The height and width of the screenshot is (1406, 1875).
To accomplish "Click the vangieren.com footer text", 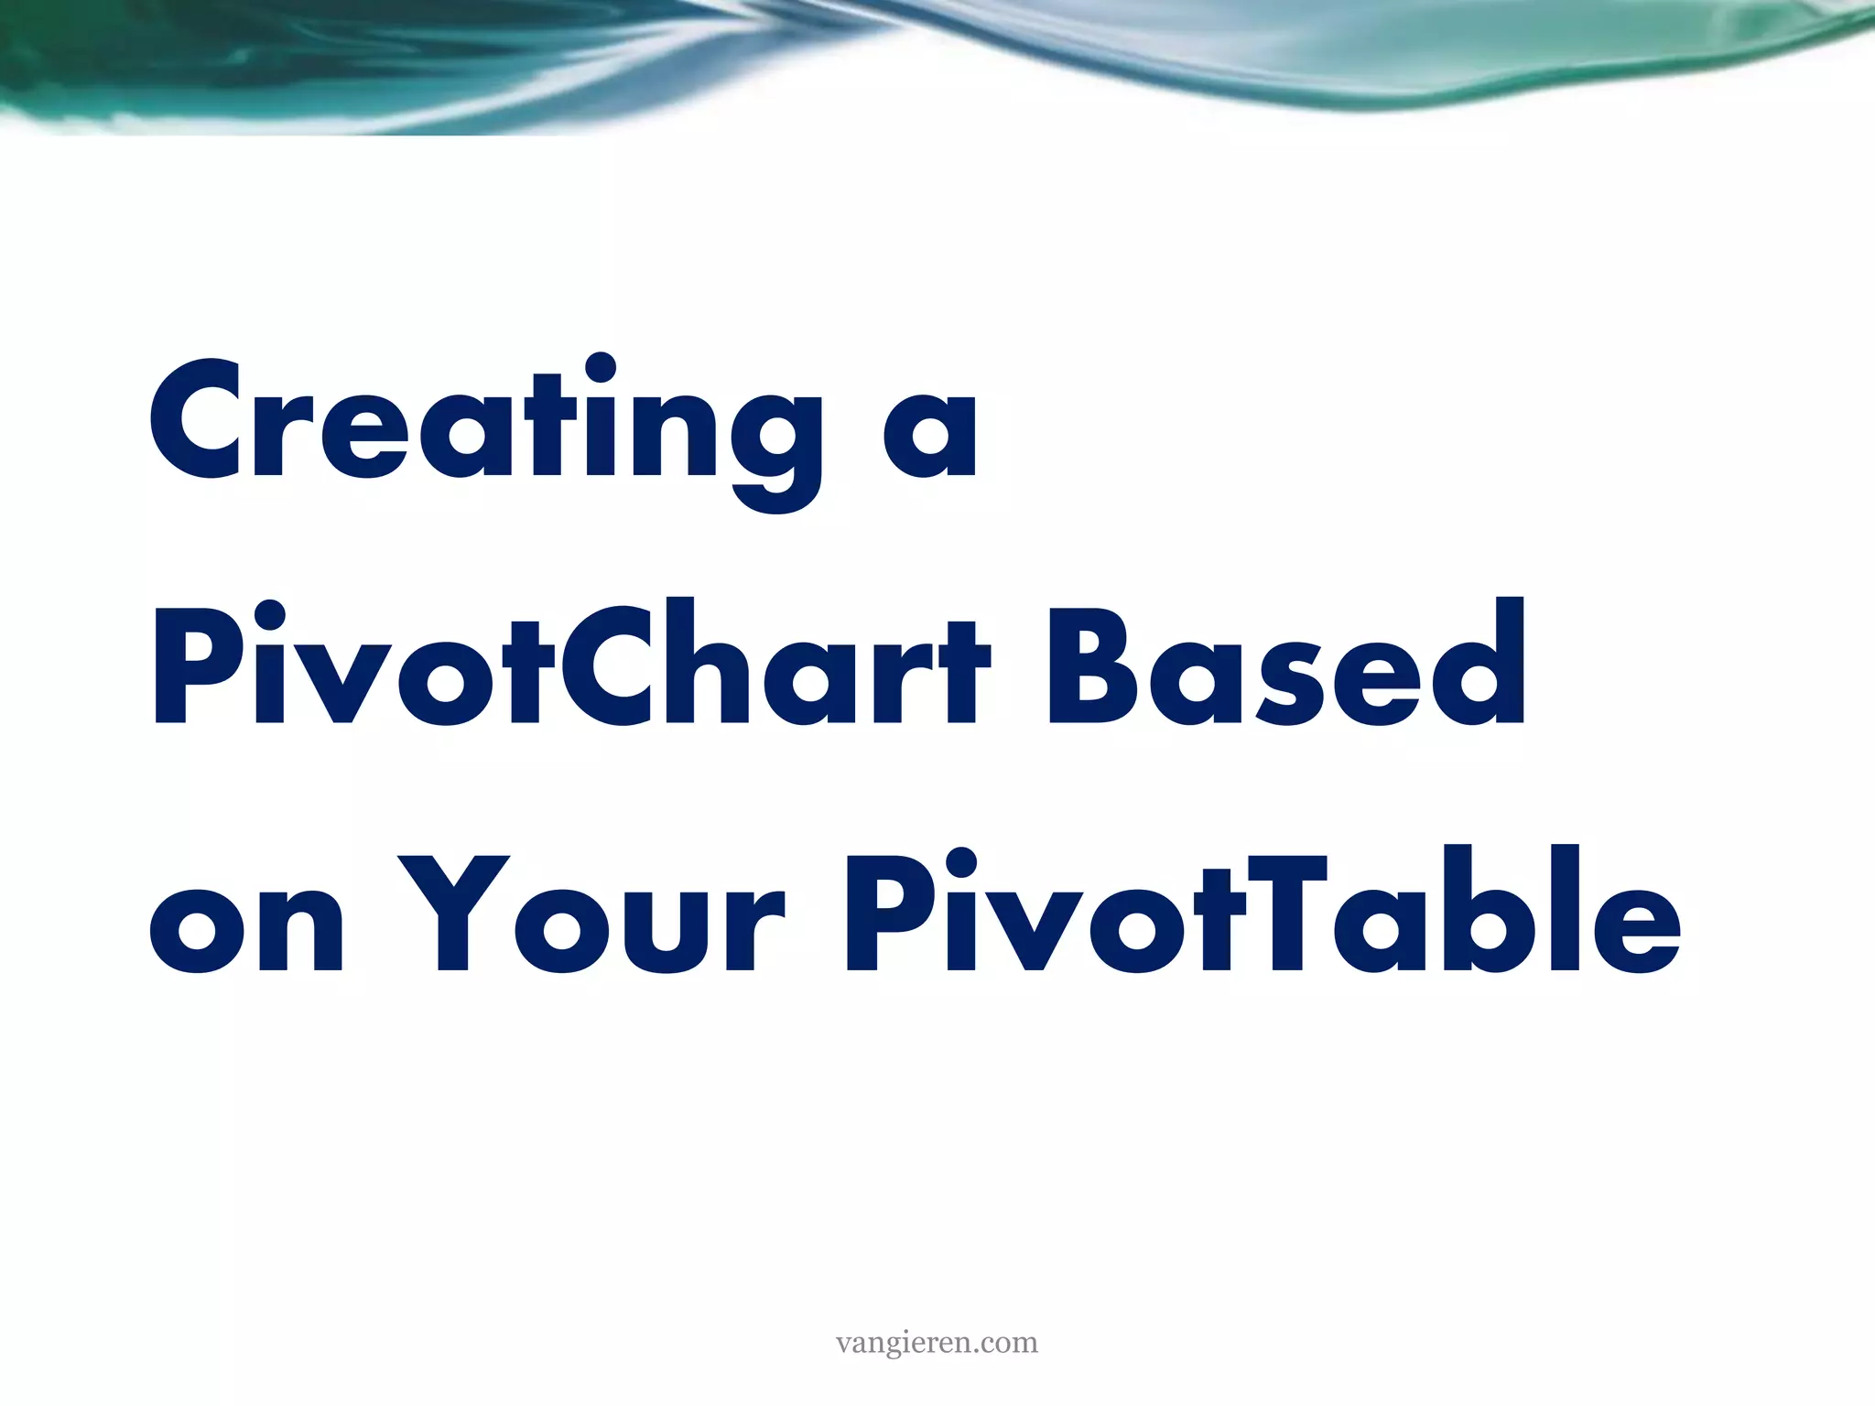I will coord(937,1343).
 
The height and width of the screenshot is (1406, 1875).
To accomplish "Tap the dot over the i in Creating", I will coord(600,368).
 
